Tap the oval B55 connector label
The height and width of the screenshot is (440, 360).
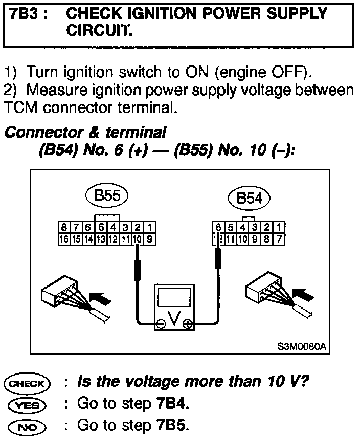pos(106,196)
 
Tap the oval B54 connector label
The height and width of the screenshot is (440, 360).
pos(250,199)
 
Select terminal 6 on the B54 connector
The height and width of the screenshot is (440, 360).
pos(219,227)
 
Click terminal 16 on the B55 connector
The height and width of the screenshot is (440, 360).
pos(63,238)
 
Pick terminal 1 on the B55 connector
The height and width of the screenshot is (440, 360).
pos(151,227)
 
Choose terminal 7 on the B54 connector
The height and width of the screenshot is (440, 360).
pos(279,238)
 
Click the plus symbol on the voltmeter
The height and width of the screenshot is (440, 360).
pos(188,323)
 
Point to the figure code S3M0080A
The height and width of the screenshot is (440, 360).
pos(302,346)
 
